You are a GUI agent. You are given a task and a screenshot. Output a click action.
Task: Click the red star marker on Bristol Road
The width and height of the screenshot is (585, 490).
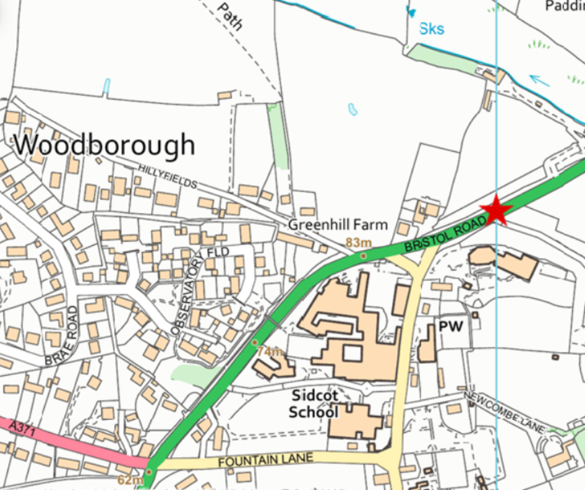click(497, 211)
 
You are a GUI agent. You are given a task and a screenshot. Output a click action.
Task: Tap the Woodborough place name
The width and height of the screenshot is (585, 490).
click(104, 146)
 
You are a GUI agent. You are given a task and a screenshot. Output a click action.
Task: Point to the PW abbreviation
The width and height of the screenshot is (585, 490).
click(452, 326)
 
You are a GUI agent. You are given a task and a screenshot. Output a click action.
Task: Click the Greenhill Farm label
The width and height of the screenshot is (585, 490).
click(338, 224)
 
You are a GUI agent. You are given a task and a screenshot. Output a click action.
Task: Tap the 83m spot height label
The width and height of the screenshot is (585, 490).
click(357, 242)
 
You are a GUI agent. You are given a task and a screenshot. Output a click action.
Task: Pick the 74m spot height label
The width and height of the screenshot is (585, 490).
click(270, 351)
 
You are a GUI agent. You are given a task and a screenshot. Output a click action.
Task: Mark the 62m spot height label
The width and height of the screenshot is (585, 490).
click(128, 479)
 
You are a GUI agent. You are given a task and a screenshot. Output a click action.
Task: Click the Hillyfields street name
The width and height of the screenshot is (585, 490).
click(167, 176)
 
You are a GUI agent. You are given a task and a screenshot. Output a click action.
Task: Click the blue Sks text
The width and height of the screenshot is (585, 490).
click(431, 29)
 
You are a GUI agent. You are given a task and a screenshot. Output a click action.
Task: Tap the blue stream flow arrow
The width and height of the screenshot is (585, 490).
click(538, 80)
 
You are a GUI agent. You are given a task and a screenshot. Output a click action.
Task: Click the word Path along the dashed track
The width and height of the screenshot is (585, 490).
click(228, 16)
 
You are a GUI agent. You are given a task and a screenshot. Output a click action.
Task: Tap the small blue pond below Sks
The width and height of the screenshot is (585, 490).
click(353, 109)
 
